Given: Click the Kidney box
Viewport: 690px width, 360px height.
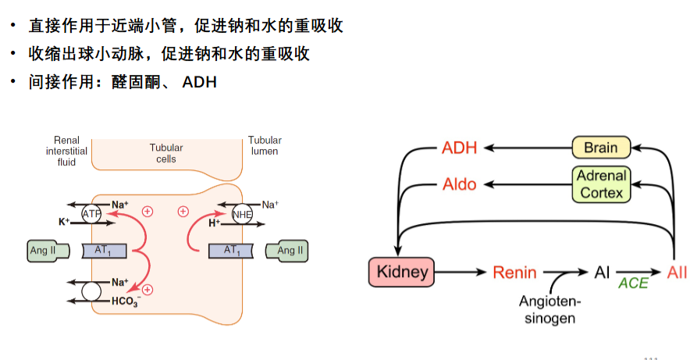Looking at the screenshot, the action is click(401, 272).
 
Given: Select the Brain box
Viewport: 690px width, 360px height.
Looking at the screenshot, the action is click(601, 148).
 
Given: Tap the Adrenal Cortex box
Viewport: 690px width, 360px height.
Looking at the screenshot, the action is click(601, 184).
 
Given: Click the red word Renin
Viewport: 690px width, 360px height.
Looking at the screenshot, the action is click(514, 273).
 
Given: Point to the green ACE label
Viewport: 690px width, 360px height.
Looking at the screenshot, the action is click(633, 283).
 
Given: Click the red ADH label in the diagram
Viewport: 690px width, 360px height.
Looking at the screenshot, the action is click(460, 148).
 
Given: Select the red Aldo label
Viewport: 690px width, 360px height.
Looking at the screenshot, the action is click(460, 184).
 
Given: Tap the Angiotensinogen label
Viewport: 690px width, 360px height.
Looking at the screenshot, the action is click(550, 309).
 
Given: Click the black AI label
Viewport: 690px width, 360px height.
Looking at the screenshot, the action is click(602, 273).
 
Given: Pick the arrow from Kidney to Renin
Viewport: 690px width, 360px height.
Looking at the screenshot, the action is click(460, 273).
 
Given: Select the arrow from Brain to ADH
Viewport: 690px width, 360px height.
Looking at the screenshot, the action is click(528, 148).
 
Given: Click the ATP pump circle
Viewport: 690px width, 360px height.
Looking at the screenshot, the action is click(91, 214).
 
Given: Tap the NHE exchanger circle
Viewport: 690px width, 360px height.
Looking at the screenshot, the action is click(242, 214).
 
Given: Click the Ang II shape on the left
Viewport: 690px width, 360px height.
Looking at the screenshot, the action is click(48, 251).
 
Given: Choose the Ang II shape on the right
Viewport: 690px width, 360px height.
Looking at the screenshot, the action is click(287, 251).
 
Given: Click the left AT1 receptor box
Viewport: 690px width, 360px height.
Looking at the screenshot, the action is click(105, 251).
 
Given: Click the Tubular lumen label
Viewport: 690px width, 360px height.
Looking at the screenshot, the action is click(265, 146).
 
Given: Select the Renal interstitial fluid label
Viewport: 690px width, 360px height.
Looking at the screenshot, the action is click(66, 151).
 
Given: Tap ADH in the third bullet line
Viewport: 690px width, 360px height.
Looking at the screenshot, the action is click(199, 82).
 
